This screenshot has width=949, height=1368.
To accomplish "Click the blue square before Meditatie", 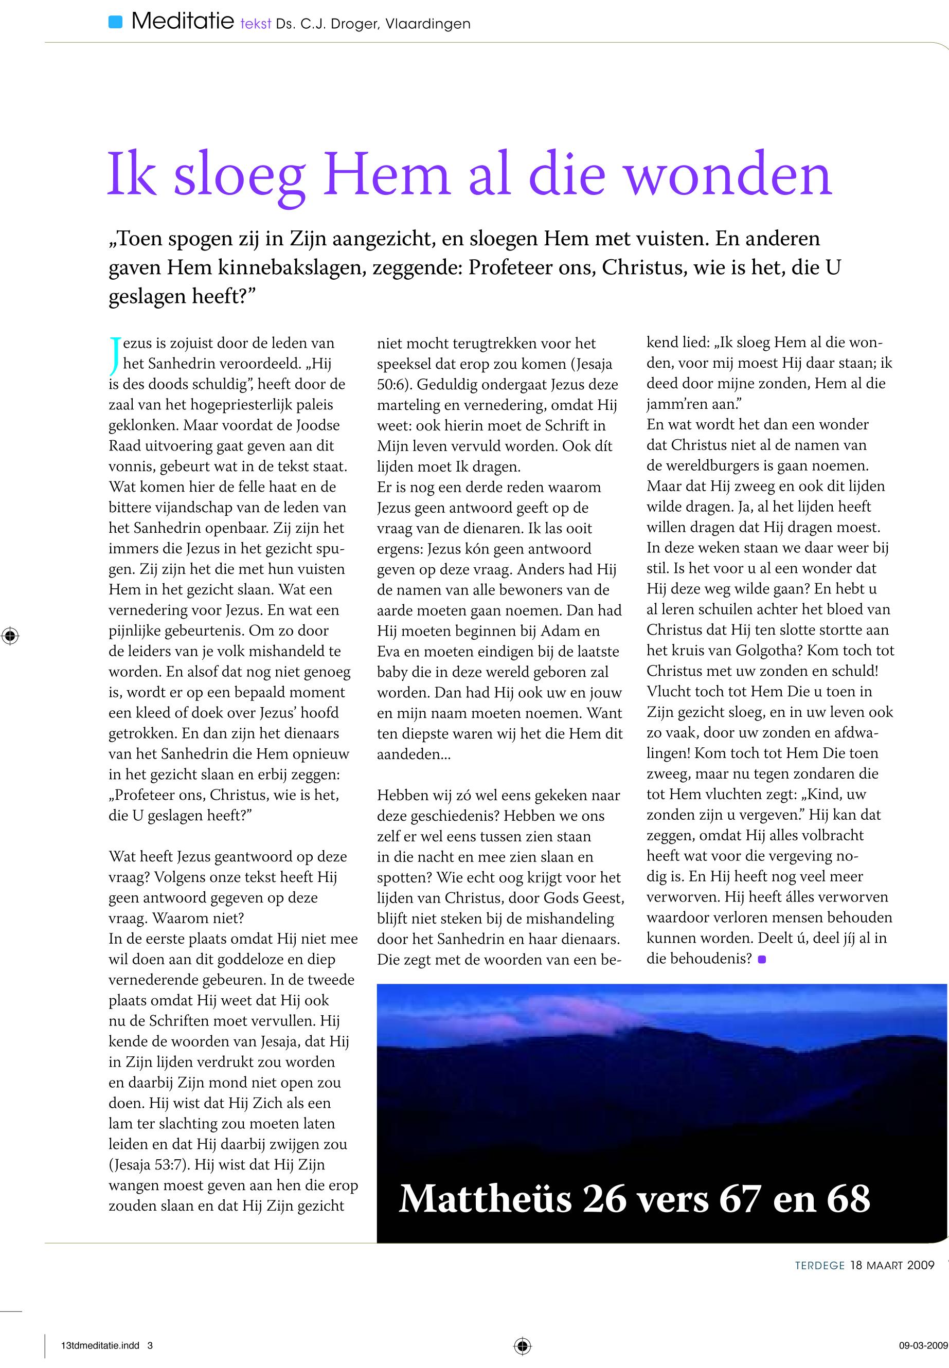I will pos(115,23).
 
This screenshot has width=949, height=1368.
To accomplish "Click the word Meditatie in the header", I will pos(183,23).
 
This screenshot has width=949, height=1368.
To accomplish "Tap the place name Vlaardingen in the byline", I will pos(427,24).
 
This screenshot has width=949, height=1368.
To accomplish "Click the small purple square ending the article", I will pos(762,959).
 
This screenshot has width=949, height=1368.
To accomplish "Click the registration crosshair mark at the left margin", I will pos(10,636).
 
